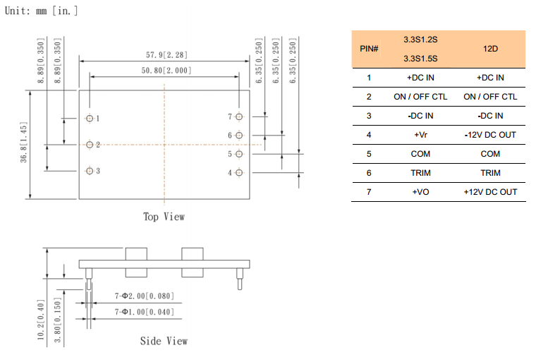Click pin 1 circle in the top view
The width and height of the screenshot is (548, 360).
(x=90, y=119)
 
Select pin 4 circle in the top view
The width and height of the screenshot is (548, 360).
(x=239, y=172)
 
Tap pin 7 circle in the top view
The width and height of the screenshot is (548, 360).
(x=239, y=116)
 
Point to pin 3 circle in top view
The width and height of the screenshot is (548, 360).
(x=90, y=171)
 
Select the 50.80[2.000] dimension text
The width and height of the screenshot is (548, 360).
(x=166, y=71)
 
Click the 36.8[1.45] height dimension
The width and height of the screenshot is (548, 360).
(x=24, y=145)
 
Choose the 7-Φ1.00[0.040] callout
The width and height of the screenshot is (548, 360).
(x=144, y=311)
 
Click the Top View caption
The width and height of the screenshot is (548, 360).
(x=164, y=217)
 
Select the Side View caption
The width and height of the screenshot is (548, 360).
(x=164, y=341)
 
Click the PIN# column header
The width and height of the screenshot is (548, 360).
(x=369, y=49)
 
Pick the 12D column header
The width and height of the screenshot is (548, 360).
(x=490, y=49)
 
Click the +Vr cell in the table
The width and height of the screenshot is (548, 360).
(x=420, y=135)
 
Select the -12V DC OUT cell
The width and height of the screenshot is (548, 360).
(x=490, y=135)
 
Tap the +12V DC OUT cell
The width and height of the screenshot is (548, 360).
(x=490, y=192)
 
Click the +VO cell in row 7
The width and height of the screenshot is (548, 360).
(x=420, y=192)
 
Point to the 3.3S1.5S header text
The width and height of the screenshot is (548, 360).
(x=420, y=59)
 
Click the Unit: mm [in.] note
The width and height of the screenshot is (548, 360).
(x=42, y=11)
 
